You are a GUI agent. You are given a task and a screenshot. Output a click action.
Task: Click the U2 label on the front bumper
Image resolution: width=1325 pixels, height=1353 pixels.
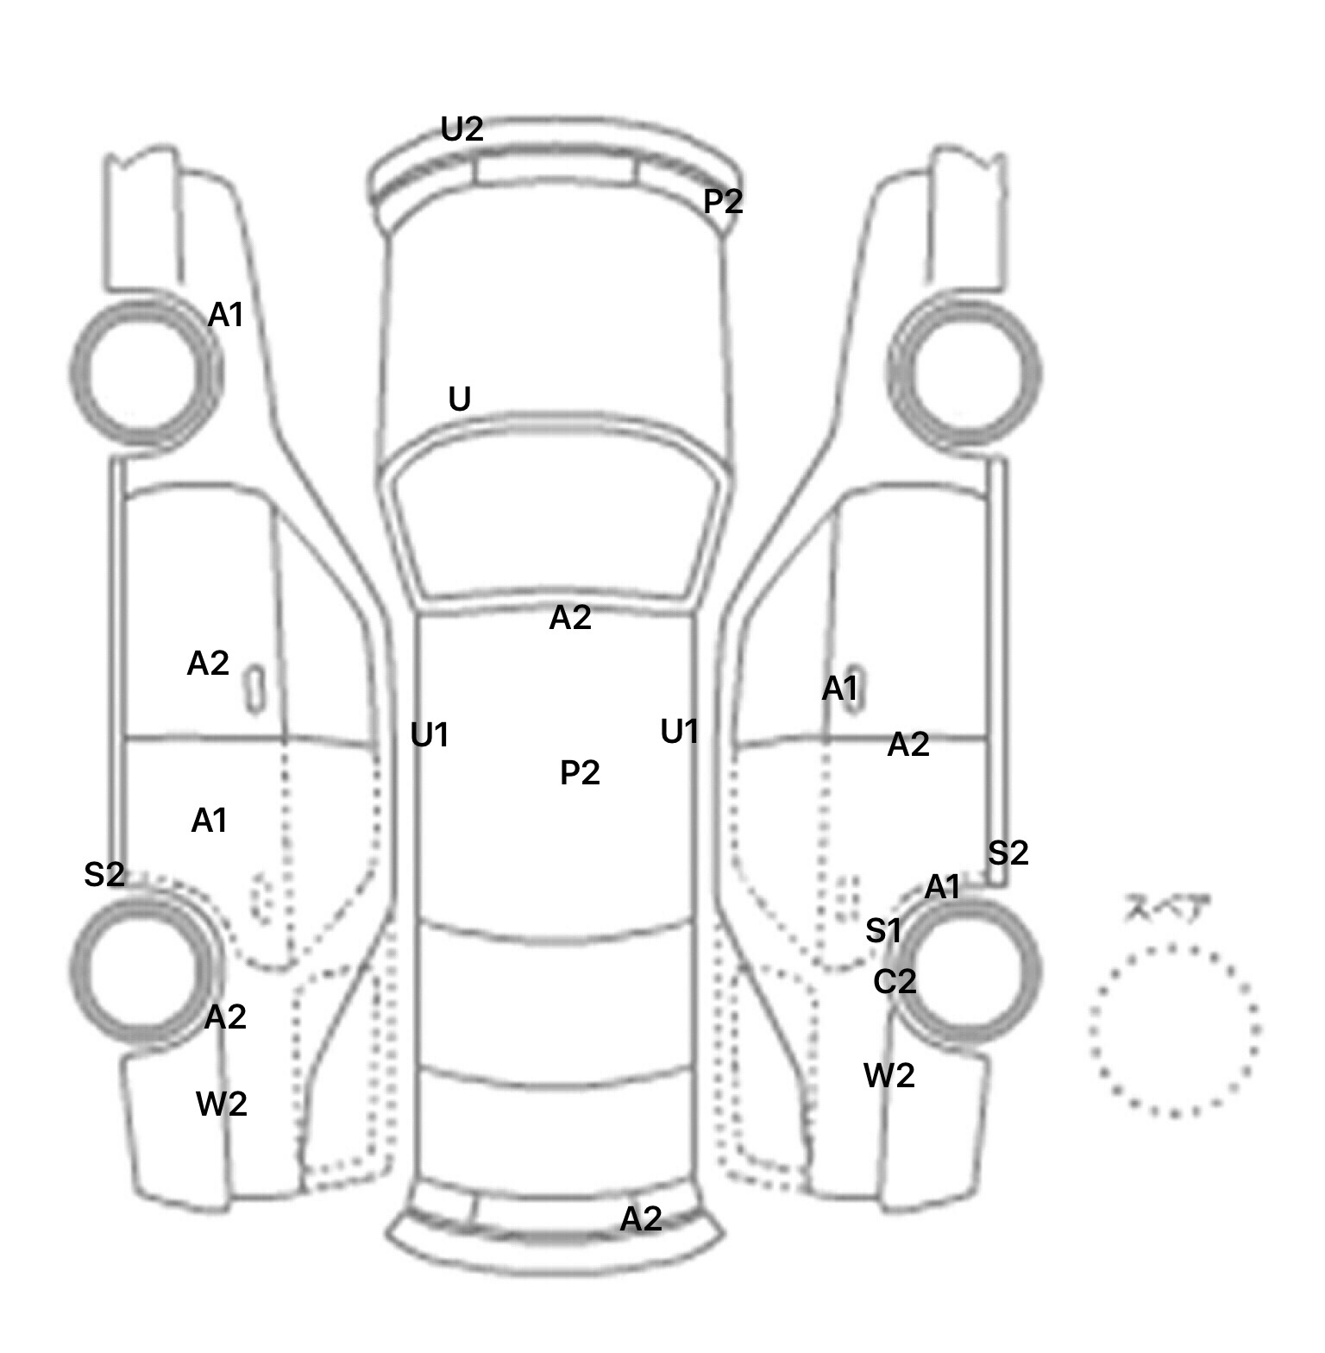point(462,129)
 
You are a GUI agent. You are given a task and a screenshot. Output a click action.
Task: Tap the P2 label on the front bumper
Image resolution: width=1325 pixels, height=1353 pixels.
point(723,202)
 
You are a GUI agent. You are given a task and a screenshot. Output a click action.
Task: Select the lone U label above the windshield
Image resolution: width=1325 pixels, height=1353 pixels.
point(460,400)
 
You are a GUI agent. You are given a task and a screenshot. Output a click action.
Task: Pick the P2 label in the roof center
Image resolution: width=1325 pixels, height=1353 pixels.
point(580,772)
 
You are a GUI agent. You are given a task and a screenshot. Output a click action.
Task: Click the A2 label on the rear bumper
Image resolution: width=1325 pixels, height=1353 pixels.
point(641,1219)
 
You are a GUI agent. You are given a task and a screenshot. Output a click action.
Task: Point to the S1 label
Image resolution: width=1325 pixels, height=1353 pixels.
point(883,931)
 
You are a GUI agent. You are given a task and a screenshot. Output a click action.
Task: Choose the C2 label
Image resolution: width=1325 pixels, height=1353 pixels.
point(895,982)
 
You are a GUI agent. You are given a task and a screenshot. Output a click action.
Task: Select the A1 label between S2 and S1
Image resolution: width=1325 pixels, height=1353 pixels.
point(942,887)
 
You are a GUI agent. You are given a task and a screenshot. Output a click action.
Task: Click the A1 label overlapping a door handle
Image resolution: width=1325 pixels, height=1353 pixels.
point(840,689)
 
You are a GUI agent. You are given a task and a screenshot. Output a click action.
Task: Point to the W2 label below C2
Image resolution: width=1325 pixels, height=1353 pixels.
point(889,1076)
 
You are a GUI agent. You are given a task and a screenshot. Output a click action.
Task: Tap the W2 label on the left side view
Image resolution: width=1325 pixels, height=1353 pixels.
point(222,1104)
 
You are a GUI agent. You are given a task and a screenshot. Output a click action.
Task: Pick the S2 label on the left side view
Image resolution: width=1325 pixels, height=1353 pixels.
point(104,875)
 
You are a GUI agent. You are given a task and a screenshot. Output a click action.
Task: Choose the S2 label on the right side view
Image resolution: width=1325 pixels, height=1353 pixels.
point(1008,853)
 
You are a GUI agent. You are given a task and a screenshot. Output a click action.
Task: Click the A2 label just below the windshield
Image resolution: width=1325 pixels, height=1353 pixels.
point(570,618)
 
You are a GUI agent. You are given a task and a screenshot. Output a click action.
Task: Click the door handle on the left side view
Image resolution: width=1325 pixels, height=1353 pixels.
point(254,689)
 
